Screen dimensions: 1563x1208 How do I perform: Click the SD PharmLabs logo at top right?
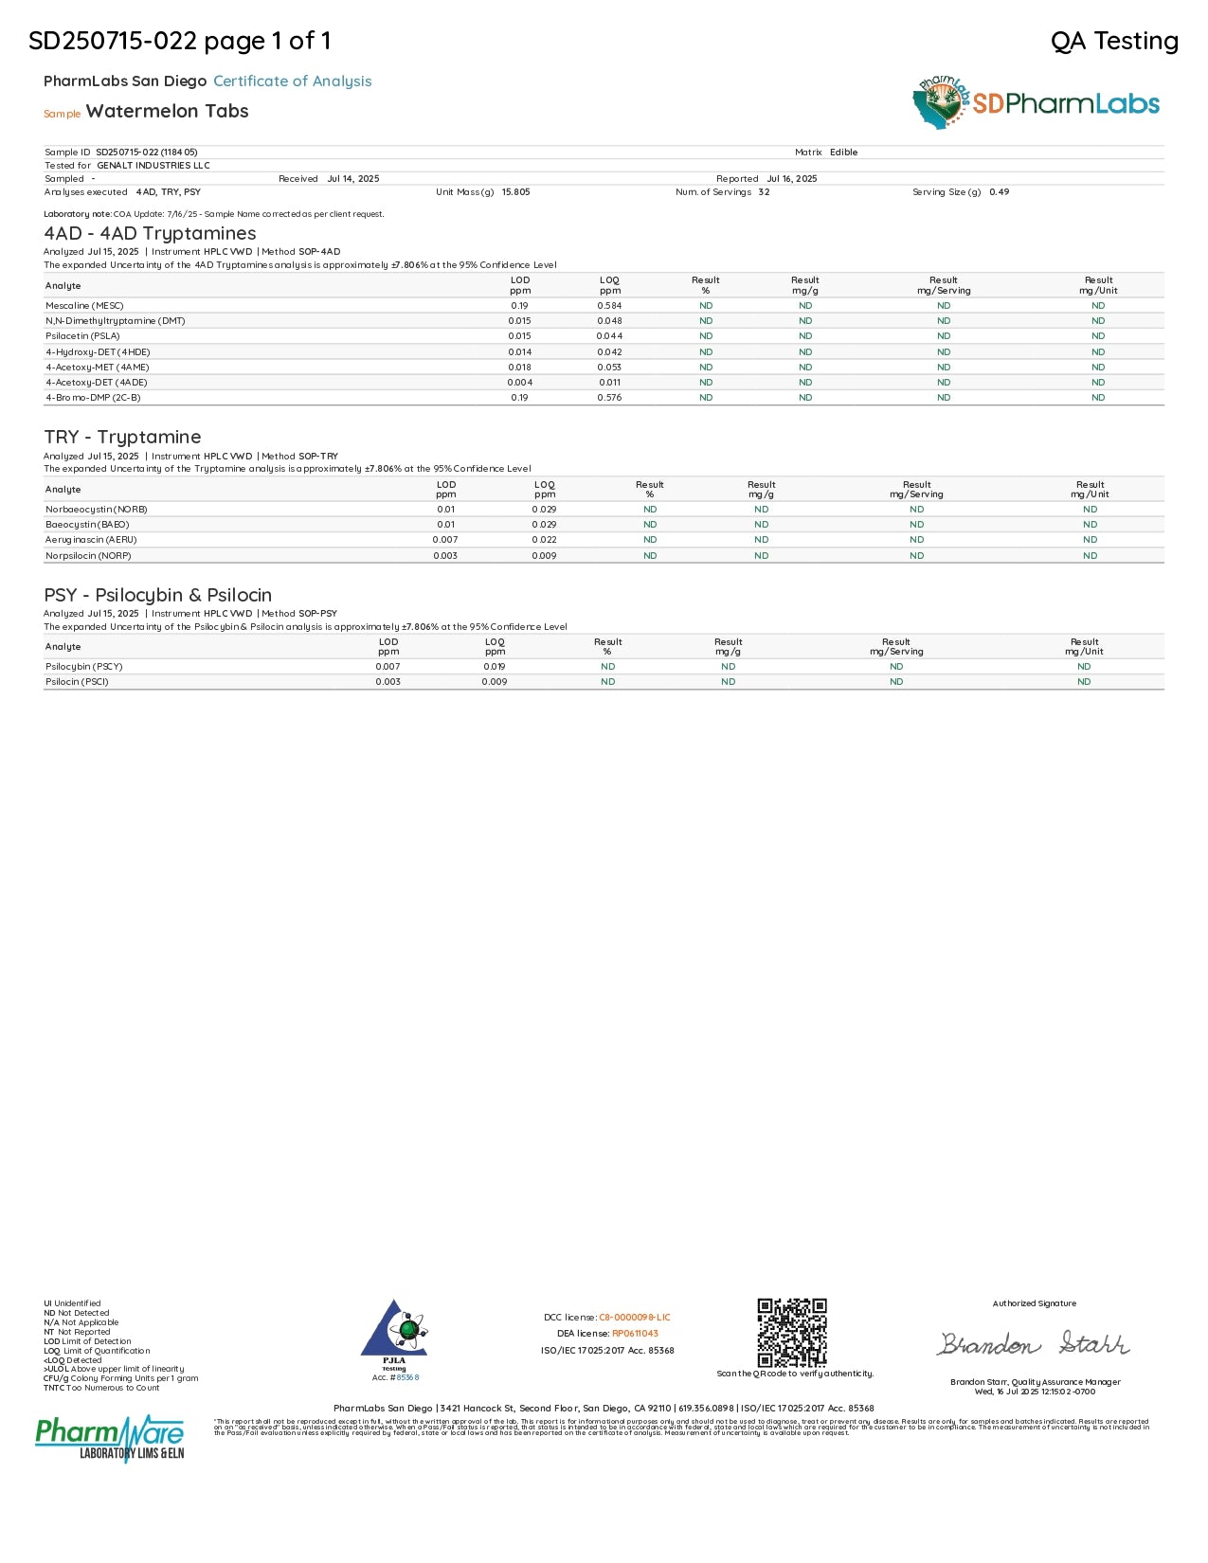click(1037, 103)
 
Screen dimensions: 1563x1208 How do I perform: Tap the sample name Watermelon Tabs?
click(167, 111)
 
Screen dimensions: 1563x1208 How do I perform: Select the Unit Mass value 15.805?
click(515, 192)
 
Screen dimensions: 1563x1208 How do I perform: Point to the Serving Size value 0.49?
click(999, 192)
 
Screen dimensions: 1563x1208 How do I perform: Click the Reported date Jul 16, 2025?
click(791, 179)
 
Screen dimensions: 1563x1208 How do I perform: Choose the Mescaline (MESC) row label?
click(84, 306)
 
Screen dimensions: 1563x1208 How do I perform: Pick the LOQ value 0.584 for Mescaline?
click(609, 306)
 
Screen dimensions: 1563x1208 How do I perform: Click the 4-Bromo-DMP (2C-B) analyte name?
click(93, 398)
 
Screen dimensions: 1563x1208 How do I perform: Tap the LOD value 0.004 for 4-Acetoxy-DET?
click(519, 383)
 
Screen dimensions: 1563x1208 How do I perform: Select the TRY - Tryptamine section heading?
click(122, 437)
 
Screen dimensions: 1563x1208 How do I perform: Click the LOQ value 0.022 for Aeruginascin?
click(544, 540)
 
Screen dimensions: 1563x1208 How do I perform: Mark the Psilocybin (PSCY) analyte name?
click(84, 667)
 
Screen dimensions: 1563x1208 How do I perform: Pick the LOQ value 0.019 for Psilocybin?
click(495, 667)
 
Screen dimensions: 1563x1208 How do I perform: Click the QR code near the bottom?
click(792, 1332)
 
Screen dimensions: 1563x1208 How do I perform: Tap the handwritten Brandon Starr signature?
click(1033, 1343)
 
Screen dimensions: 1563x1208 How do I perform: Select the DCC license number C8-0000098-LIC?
click(634, 1318)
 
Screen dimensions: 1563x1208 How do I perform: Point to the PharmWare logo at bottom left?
click(110, 1438)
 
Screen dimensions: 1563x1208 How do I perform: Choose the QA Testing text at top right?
click(1114, 41)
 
